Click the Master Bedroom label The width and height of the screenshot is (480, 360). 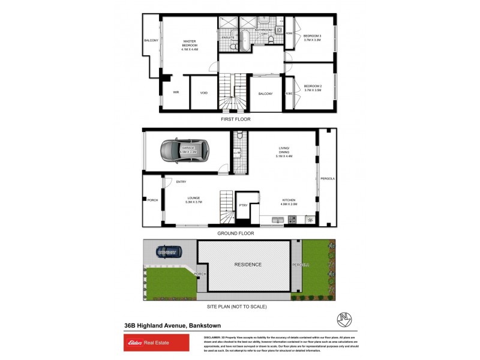click(x=190, y=45)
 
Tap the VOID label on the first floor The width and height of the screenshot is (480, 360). click(x=204, y=93)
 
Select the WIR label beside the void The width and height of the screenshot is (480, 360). click(x=176, y=93)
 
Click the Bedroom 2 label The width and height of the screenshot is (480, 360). click(x=313, y=88)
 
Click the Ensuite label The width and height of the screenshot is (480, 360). click(x=228, y=38)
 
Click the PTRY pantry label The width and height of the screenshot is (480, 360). click(x=244, y=206)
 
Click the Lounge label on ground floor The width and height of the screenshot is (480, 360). click(x=193, y=200)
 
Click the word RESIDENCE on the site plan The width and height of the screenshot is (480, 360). click(x=248, y=265)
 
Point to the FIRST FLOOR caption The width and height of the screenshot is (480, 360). click(x=236, y=119)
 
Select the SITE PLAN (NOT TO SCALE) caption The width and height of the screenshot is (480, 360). click(x=236, y=307)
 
